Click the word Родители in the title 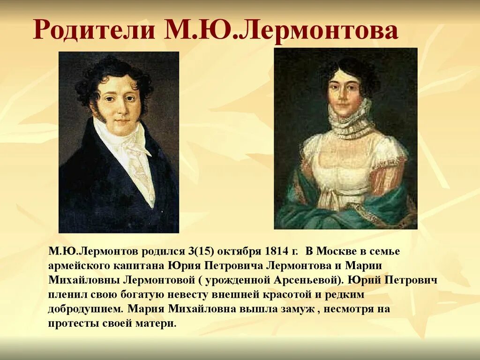point(94,30)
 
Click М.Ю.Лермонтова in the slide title point(280,30)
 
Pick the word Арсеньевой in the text point(309,281)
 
